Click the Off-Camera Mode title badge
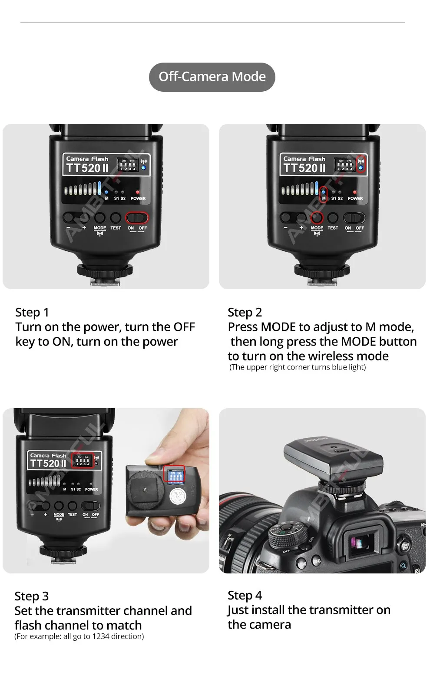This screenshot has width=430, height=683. click(x=212, y=77)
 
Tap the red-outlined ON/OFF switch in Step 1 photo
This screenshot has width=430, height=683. click(x=137, y=217)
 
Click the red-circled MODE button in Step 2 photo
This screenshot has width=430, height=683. click(x=317, y=217)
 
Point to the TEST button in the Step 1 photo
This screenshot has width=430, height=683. click(x=116, y=217)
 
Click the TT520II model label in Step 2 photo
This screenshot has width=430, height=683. click(x=304, y=168)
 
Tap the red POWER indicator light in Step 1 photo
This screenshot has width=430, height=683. click(x=138, y=192)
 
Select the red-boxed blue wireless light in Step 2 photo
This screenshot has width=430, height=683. click(x=361, y=166)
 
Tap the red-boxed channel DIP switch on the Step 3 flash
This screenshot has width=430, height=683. click(x=83, y=461)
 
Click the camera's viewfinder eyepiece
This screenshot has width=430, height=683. click(x=363, y=540)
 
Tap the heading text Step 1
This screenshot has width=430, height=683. click(x=32, y=312)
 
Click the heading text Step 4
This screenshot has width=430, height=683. click(x=245, y=595)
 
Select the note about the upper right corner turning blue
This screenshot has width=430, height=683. click(x=298, y=367)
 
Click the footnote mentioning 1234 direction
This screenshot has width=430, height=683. click(x=79, y=636)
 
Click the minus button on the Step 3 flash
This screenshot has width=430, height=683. click(x=33, y=506)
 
